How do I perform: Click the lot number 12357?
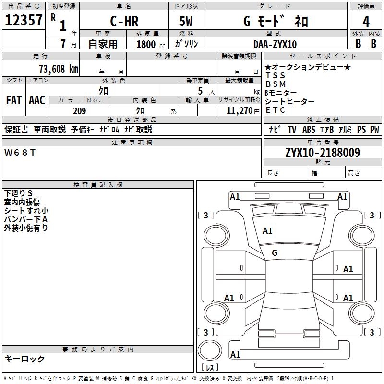tap(24, 20)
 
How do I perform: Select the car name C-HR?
tap(124, 21)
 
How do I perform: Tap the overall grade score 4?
tap(366, 22)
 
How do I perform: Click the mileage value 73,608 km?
tap(59, 69)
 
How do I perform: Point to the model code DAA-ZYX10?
tap(275, 44)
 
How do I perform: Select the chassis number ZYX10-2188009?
tap(323, 153)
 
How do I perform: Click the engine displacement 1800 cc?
tap(151, 44)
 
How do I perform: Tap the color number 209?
tap(79, 111)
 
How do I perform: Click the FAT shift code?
tap(14, 100)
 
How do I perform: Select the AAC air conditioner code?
tap(37, 100)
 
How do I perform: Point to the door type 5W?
tap(186, 21)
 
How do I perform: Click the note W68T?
tap(20, 153)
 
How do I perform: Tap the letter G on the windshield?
tap(275, 253)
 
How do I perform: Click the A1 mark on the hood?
tap(267, 231)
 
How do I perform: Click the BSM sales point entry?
tap(276, 84)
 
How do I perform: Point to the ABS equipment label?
tap(309, 130)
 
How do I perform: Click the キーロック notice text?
tap(24, 359)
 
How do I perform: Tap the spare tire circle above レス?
tap(210, 350)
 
